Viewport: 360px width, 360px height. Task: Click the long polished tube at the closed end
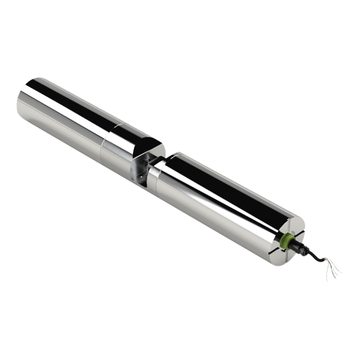[66, 111]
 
